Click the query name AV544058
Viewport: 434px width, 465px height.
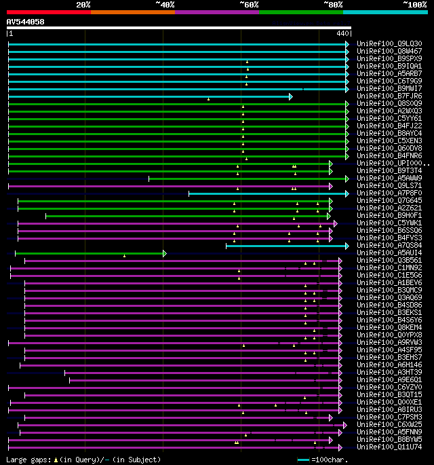(x=26, y=22)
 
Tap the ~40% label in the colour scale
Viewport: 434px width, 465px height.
(x=165, y=4)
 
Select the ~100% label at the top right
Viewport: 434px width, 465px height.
(x=414, y=4)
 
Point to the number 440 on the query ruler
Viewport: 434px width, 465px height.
(x=342, y=33)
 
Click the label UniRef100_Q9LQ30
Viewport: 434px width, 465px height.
(x=389, y=44)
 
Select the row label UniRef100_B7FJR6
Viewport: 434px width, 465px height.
(x=389, y=96)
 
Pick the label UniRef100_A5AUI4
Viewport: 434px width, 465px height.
(x=389, y=253)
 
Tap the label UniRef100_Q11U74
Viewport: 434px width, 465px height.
(x=389, y=447)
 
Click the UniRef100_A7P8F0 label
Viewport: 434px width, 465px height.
(x=389, y=193)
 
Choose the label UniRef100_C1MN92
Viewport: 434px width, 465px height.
(x=389, y=268)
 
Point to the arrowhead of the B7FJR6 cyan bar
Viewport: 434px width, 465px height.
(x=290, y=96)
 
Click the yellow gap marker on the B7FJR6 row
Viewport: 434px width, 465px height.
(x=208, y=99)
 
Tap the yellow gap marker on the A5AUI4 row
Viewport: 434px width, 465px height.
(x=125, y=256)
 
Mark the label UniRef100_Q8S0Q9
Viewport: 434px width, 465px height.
(x=389, y=104)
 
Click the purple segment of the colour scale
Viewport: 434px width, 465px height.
(x=216, y=12)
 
